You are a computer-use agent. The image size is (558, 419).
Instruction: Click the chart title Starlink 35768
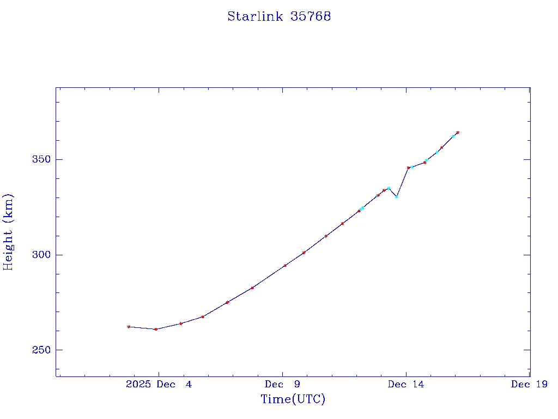tap(279, 16)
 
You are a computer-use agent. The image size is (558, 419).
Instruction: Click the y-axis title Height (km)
tap(8, 232)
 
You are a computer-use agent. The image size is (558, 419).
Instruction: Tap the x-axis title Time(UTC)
tap(293, 399)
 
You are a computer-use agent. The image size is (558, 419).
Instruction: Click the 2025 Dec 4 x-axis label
tap(159, 384)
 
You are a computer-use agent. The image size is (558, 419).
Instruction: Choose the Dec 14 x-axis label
tap(405, 384)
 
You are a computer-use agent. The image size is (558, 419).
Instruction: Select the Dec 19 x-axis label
tap(529, 384)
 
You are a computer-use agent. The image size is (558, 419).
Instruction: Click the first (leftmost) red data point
tap(129, 327)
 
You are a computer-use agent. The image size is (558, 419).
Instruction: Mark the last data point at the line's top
tap(458, 132)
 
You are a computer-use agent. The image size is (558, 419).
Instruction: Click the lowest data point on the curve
tap(156, 329)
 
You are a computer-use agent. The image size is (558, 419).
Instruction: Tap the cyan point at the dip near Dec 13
tap(397, 196)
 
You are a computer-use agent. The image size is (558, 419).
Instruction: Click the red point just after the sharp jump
tap(408, 167)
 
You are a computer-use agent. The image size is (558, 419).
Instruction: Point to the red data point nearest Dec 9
tap(285, 266)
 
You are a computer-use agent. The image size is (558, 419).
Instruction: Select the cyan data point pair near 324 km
tap(362, 208)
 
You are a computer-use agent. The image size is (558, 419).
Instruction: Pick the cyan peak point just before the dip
tap(389, 188)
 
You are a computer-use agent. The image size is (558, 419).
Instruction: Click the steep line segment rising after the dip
tap(402, 182)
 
